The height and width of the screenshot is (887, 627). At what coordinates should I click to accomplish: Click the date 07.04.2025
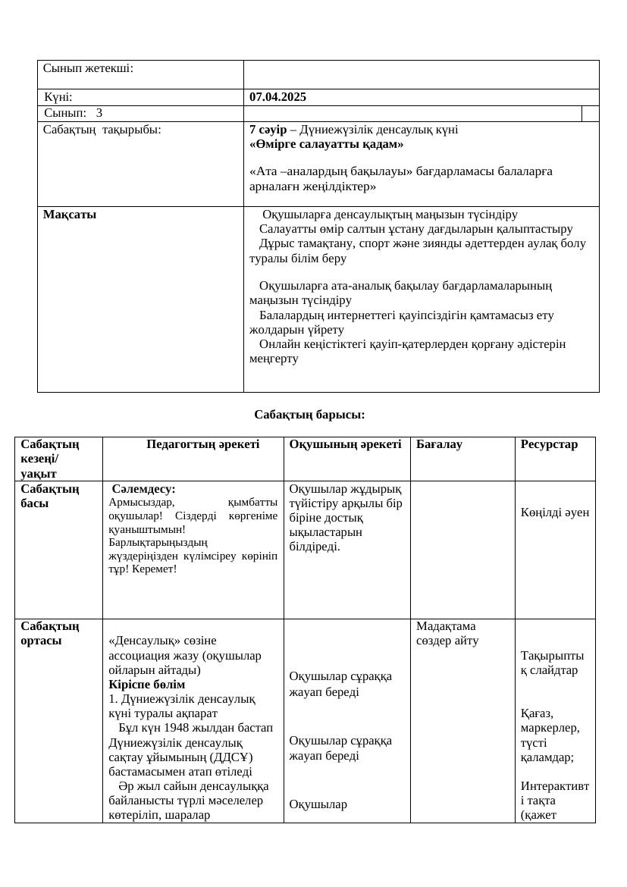click(277, 97)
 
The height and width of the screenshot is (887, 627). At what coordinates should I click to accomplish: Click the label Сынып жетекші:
click(88, 68)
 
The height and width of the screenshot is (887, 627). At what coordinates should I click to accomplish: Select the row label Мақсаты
click(70, 215)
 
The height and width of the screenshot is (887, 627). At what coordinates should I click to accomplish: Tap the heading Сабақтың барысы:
click(309, 415)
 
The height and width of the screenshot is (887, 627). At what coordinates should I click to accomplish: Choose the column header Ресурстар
click(549, 444)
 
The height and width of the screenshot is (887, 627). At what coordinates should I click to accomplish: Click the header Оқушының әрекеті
click(345, 444)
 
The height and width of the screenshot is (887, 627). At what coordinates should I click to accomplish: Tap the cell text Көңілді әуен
click(554, 512)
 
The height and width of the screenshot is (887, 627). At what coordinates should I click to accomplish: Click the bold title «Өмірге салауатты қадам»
click(326, 143)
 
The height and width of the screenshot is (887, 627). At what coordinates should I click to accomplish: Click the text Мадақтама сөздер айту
click(447, 633)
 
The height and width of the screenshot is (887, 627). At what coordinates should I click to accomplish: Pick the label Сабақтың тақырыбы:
click(102, 130)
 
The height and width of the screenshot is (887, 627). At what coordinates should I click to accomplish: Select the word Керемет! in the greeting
click(155, 568)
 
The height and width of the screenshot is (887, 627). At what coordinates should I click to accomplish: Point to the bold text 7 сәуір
click(268, 130)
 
